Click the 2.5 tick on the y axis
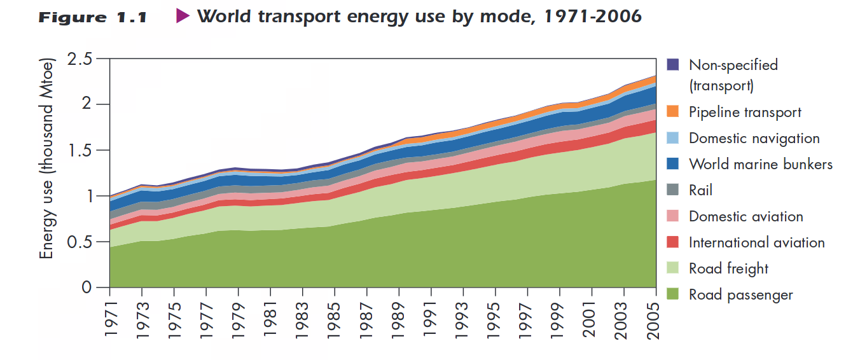pyautogui.click(x=80, y=59)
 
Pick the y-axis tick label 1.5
pyautogui.click(x=80, y=151)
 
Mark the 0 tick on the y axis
pyautogui.click(x=88, y=288)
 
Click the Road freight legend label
pyautogui.click(x=728, y=268)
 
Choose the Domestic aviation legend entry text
pyautogui.click(x=746, y=216)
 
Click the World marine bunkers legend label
pyautogui.click(x=760, y=164)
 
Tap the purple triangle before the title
pyautogui.click(x=183, y=17)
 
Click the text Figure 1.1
pyautogui.click(x=93, y=17)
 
